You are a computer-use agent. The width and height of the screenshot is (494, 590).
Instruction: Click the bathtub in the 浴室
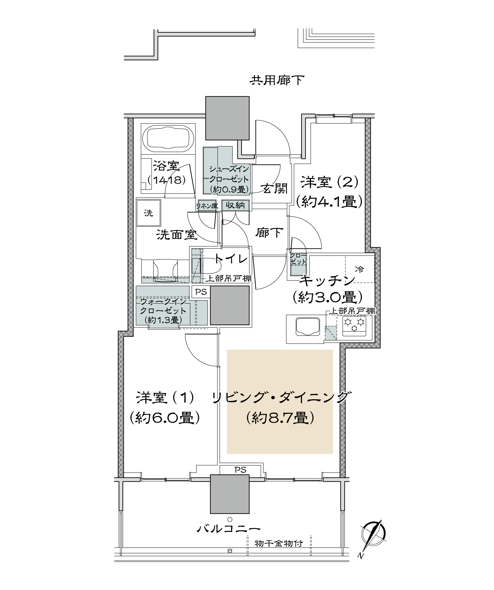pos(168,140)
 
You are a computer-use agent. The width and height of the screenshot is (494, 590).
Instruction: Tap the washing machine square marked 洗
pos(149,213)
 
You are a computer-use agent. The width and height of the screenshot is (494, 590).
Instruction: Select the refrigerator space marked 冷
pos(360,269)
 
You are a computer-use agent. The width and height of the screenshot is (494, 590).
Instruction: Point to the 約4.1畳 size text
pos(329,202)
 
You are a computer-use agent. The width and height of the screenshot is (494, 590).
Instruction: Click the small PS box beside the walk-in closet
pos(201,292)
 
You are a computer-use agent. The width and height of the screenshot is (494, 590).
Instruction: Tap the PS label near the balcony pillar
pos(240,470)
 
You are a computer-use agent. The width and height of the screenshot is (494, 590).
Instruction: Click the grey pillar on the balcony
pos(230,494)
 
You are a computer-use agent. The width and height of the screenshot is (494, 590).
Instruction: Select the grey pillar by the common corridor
pos(227,118)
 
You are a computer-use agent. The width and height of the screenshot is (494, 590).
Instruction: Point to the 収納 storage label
pos(235,205)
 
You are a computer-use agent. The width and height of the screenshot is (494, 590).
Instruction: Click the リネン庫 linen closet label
pos(207,206)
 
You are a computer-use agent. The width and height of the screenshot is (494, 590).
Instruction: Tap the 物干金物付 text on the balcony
pos(279,544)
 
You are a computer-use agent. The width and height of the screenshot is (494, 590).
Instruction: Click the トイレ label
pos(231,259)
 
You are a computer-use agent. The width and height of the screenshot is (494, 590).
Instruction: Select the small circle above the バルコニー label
pos(230,519)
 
